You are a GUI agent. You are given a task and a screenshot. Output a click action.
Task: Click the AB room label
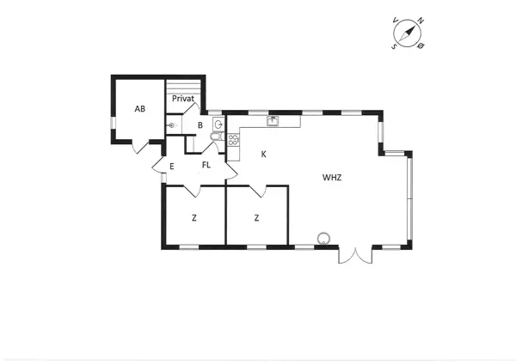pyautogui.click(x=139, y=109)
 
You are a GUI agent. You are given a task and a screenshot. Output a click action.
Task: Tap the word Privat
pyautogui.click(x=183, y=100)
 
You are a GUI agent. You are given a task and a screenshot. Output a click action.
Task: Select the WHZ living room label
pyautogui.click(x=332, y=178)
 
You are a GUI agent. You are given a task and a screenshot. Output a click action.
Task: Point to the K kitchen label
pyautogui.click(x=263, y=155)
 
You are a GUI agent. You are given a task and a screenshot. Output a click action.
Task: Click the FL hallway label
pyautogui.click(x=206, y=164)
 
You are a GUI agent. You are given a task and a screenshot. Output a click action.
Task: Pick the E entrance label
pyautogui.click(x=172, y=166)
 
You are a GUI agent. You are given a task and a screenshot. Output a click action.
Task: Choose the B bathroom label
pyautogui.click(x=200, y=126)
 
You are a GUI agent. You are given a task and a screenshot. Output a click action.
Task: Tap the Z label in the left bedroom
pyautogui.click(x=194, y=218)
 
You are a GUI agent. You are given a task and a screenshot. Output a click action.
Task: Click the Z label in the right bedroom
pyautogui.click(x=256, y=218)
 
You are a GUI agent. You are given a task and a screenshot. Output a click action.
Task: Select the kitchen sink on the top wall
pyautogui.click(x=273, y=121)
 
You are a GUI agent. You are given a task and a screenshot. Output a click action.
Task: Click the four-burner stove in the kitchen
pyautogui.click(x=233, y=140)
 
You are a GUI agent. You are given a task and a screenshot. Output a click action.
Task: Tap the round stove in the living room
pyautogui.click(x=324, y=238)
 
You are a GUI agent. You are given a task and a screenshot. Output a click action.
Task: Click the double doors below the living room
pyautogui.click(x=354, y=255)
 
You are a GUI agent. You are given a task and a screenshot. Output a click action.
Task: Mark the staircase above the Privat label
pyautogui.click(x=185, y=85)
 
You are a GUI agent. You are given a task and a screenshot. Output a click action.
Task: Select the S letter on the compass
pyautogui.click(x=394, y=47)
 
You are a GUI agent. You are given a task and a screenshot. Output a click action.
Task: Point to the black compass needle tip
pyautogui.click(x=414, y=27)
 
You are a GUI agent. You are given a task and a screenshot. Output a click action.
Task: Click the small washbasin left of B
pyautogui.click(x=173, y=125)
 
